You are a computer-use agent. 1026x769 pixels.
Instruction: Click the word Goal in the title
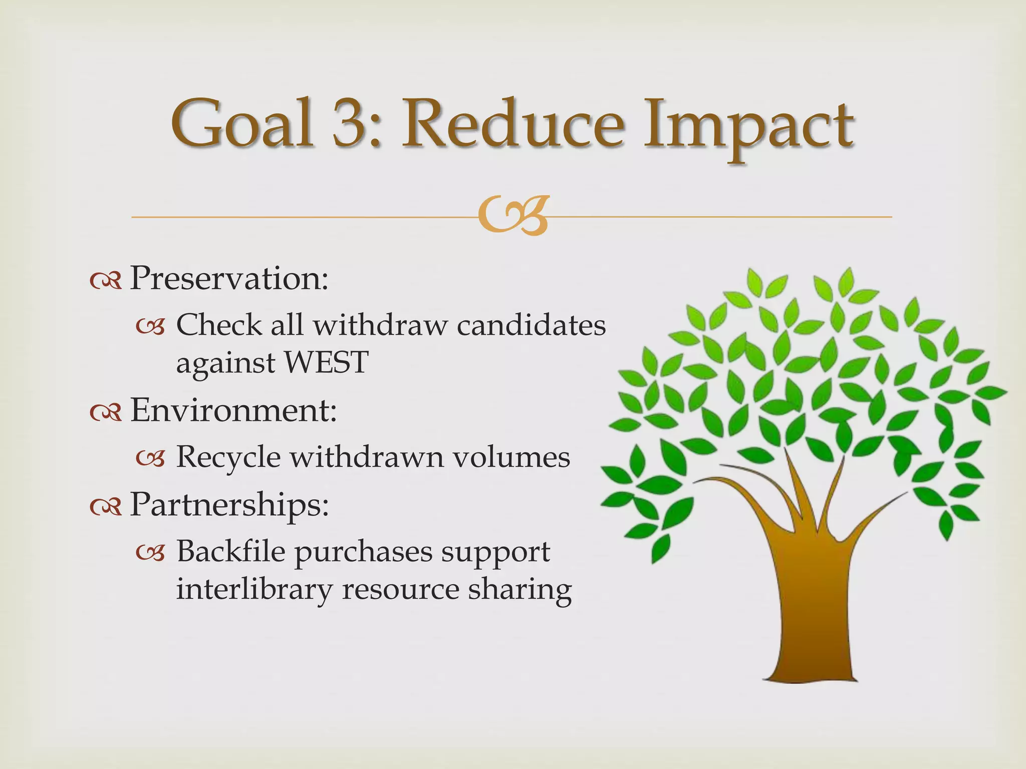point(242,123)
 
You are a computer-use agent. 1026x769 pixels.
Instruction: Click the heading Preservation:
point(229,278)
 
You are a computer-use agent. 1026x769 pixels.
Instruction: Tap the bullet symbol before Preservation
point(106,281)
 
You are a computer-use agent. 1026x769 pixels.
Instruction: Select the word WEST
point(326,362)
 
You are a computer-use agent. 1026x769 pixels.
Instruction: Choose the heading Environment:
point(233,410)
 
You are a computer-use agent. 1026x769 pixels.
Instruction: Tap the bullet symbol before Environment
point(106,414)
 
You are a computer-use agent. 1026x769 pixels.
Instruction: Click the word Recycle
point(228,458)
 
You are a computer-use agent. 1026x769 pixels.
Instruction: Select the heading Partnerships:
point(229,504)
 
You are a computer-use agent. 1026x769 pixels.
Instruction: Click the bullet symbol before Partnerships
point(106,508)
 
